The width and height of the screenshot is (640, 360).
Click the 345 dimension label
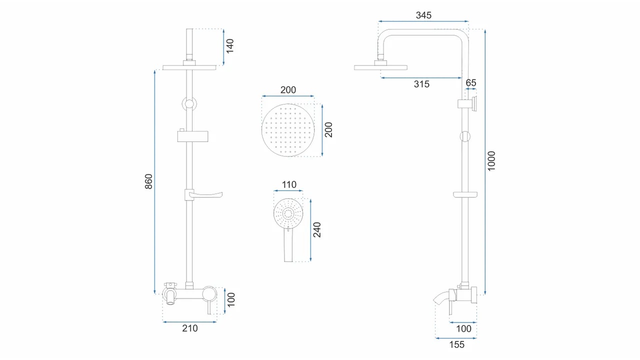click(423, 15)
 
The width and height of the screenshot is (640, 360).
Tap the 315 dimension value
click(421, 84)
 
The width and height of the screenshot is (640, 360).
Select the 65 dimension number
click(471, 83)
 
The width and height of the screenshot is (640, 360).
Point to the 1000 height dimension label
click(491, 161)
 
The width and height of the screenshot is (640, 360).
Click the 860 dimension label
click(148, 181)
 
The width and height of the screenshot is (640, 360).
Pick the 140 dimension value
click(229, 46)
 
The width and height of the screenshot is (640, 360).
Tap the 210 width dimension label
click(189, 328)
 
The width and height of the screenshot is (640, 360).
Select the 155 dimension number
click(456, 344)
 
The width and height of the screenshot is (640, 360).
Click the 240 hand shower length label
click(317, 229)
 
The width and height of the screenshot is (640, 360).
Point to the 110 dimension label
click(289, 184)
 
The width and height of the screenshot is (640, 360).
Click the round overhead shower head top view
click(288, 130)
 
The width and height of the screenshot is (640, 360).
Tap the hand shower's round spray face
click(288, 213)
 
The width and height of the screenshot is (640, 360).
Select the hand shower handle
click(288, 245)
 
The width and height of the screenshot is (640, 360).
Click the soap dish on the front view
click(203, 194)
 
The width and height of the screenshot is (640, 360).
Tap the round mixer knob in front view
click(209, 293)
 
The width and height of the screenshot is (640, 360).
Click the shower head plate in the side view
click(380, 67)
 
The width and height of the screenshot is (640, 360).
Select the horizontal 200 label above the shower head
click(288, 90)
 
